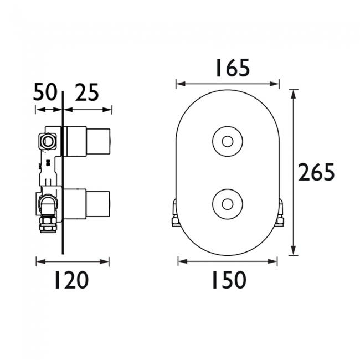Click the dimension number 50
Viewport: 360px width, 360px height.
(47, 92)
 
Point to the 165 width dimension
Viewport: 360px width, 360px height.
(227, 68)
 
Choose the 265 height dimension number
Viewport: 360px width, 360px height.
(316, 173)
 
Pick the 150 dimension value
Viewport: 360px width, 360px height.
(228, 281)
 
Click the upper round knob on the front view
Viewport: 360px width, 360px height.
(227, 142)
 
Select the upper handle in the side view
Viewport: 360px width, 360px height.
(89, 139)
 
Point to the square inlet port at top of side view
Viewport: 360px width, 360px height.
(48, 141)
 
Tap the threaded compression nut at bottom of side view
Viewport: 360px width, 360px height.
(47, 227)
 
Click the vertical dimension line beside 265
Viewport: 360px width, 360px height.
(294, 173)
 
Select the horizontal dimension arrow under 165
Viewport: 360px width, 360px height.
(227, 84)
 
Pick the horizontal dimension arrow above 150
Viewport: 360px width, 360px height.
(228, 260)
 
